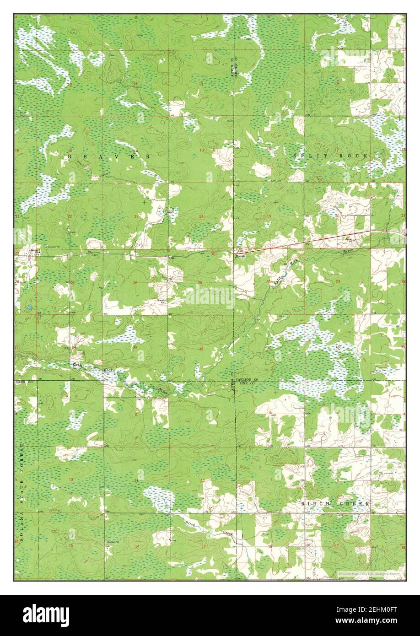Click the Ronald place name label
(241, 257)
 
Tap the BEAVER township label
(109, 156)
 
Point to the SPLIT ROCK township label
(331, 156)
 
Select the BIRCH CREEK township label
(335, 503)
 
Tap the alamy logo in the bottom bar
(48, 615)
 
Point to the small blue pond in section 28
(29, 307)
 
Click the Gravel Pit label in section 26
(161, 302)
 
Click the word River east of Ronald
(350, 252)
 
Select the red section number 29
(338, 280)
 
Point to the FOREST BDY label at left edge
(22, 381)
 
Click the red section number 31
(269, 348)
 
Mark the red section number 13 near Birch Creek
(202, 546)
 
